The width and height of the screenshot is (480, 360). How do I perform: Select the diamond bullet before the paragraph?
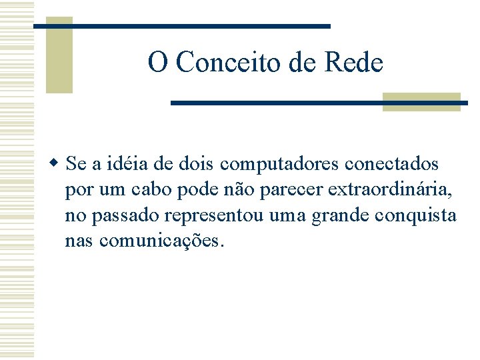coord(55,163)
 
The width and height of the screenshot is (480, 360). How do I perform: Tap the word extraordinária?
coord(389,190)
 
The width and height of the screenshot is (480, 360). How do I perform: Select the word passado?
coord(125,215)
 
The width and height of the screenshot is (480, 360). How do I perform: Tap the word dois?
coord(197,163)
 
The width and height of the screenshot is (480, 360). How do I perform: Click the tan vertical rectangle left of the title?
coord(59,55)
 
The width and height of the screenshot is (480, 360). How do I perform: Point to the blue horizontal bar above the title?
coord(182,26)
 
